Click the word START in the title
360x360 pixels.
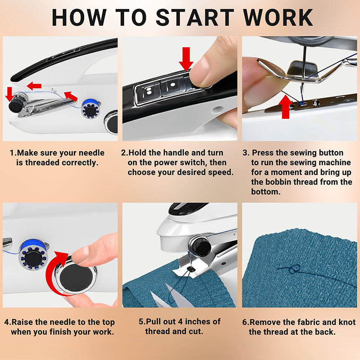(x=195, y=18)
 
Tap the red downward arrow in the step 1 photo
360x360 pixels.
(x=9, y=94)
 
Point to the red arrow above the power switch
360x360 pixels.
(x=186, y=59)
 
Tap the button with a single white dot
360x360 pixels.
(x=173, y=85)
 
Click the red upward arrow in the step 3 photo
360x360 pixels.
(x=285, y=107)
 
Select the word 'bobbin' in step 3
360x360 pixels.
(x=278, y=182)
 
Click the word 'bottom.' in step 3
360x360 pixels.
(x=266, y=192)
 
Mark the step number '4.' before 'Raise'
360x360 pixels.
(x=8, y=322)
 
